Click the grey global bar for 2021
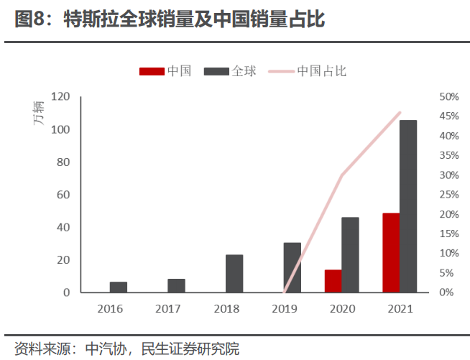point(408,206)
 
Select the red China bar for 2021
point(391,253)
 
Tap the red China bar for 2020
point(333,281)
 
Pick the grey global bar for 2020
point(350,255)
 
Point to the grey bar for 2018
point(234,274)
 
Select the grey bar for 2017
point(177,285)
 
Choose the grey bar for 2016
point(119,287)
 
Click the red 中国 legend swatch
point(151,71)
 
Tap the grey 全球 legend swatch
point(216,71)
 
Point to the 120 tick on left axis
point(60,97)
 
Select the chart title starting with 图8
point(170,19)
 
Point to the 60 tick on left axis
point(63,195)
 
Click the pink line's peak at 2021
point(400,113)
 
